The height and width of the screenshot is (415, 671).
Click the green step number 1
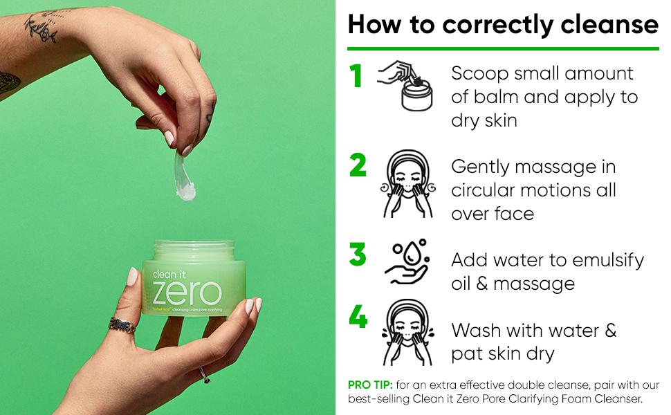357,76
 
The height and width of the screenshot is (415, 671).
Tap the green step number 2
358,166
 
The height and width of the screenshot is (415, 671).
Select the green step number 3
358,255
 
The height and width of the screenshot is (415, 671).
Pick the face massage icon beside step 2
408,185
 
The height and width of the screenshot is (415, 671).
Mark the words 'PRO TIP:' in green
370,385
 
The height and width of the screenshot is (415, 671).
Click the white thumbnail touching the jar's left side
133,276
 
